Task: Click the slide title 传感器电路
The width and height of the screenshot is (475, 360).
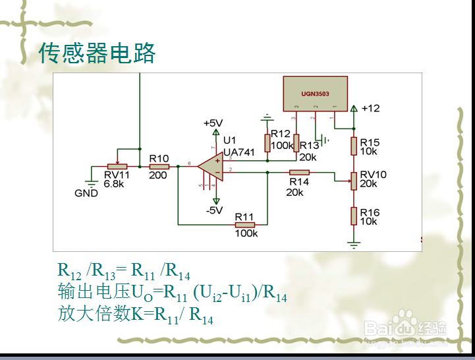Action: [97, 53]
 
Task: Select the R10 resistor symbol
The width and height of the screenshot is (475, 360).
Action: [159, 167]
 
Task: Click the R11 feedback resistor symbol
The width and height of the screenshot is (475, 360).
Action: [244, 225]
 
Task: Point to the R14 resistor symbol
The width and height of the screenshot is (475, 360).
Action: [299, 172]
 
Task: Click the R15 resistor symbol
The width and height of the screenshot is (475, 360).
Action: [354, 145]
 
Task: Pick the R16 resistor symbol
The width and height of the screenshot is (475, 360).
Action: [354, 216]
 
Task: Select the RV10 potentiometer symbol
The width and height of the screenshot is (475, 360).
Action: [354, 179]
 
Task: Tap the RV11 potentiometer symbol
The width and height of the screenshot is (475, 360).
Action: [117, 167]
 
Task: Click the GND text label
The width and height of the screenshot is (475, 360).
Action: [86, 193]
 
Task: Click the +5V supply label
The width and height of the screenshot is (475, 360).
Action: [213, 123]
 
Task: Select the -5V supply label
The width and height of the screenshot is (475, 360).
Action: [213, 210]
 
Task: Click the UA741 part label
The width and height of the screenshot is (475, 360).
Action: [238, 152]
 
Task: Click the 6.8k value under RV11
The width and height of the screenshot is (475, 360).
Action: [113, 184]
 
